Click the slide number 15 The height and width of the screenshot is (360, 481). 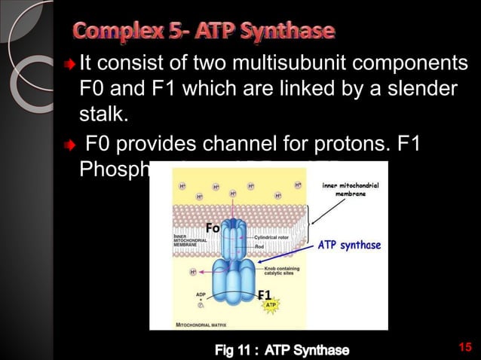tap(464, 346)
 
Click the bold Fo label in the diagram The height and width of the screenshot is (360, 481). tap(212, 228)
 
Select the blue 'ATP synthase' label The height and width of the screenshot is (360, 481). tap(349, 245)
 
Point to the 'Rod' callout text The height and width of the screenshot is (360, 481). tap(260, 245)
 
